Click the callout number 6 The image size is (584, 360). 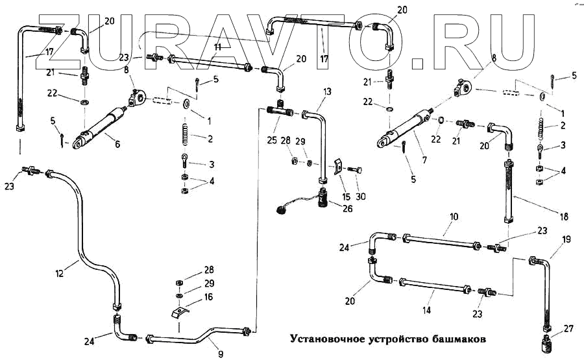pos(117,144)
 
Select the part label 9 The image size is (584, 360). pos(220,354)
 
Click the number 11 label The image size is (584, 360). pos(218,47)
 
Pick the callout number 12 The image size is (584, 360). pos(60,274)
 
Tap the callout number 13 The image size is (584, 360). pos(326,91)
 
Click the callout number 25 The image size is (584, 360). pos(271,140)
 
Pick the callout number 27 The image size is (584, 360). pos(569,330)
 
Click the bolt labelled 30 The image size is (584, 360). pos(353,170)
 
